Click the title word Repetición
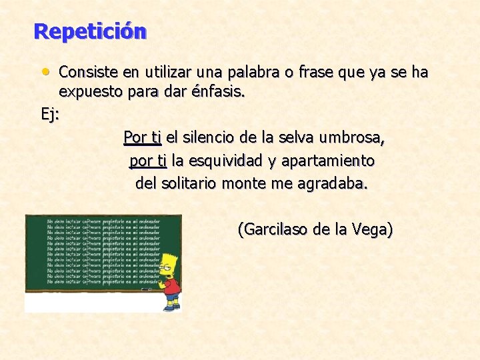89,31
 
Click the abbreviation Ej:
51,114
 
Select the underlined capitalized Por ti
142,138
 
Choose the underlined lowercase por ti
148,161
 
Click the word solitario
189,183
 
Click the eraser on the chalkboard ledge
146,289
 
